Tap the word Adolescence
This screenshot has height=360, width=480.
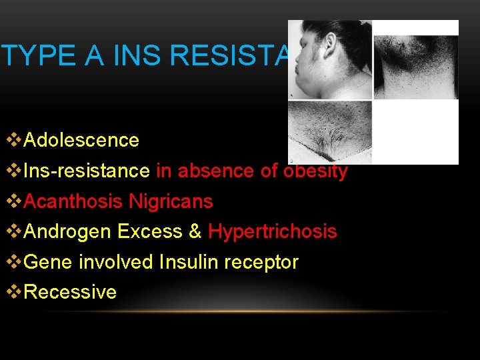coord(81,141)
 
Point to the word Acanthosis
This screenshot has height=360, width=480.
coord(71,201)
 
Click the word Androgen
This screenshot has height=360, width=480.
coord(68,232)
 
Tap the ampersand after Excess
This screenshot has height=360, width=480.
coord(195,232)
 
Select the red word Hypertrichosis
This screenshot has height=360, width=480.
coord(273,232)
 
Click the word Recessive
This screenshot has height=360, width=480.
coord(70,292)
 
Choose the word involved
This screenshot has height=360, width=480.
coord(116,262)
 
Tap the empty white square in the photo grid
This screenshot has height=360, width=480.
coord(415,132)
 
